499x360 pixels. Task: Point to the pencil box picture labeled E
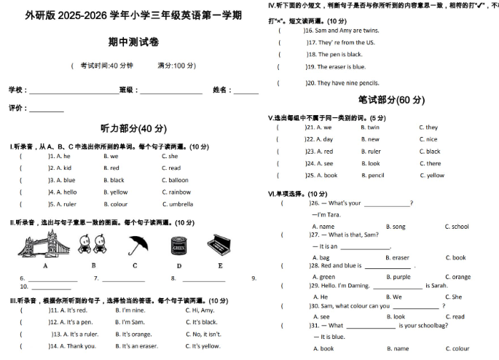click(219, 245)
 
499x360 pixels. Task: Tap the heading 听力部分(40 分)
click(133, 128)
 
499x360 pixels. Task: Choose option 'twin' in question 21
click(373, 128)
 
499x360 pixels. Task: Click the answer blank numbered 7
click(126, 278)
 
